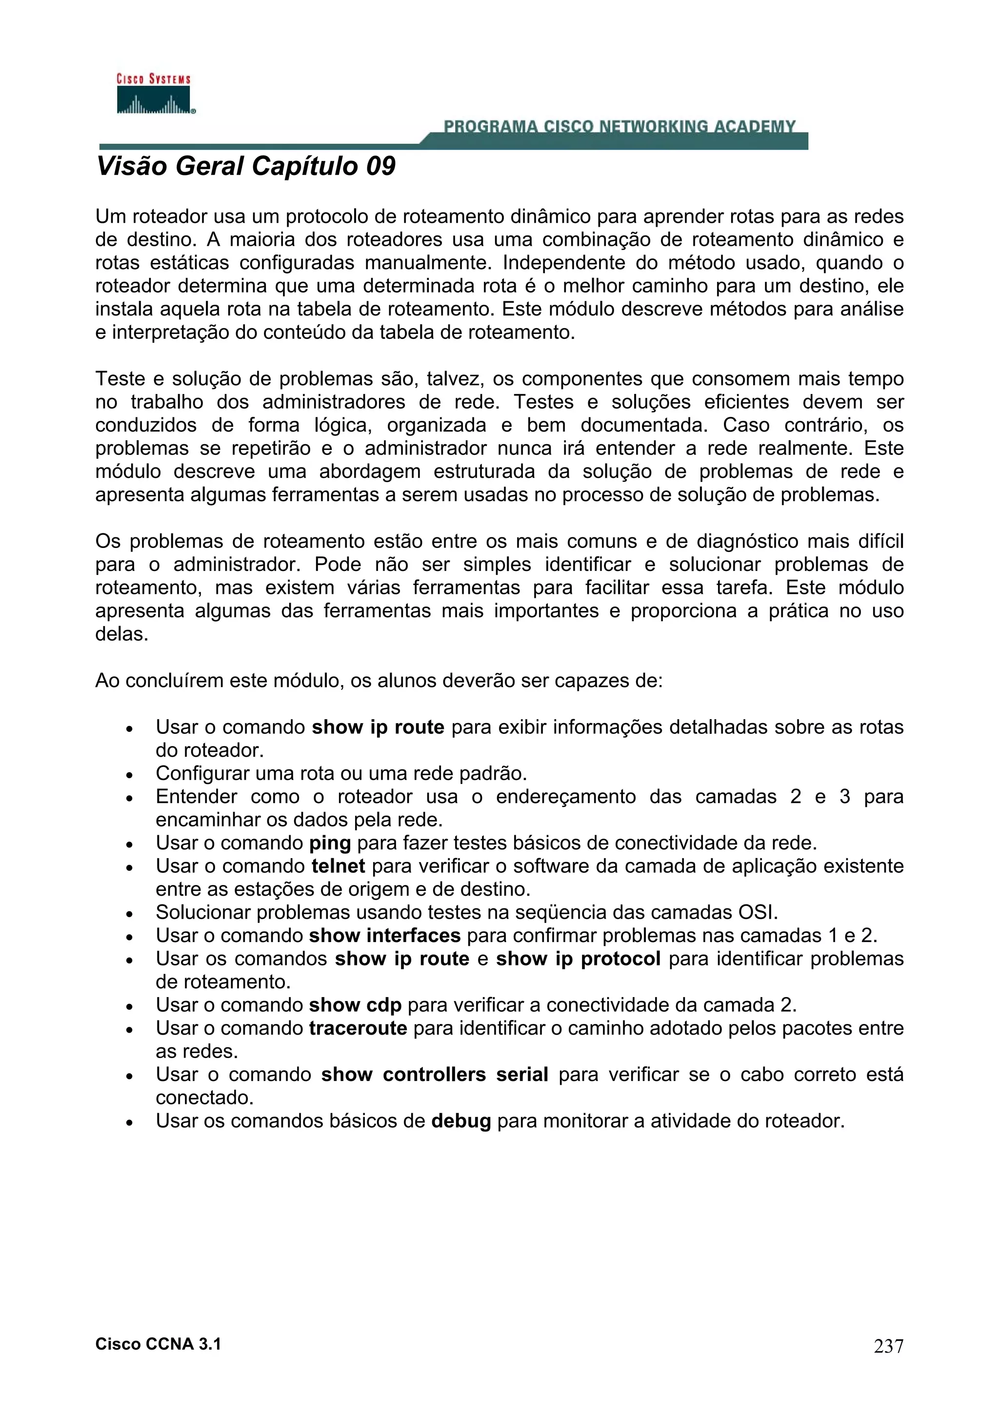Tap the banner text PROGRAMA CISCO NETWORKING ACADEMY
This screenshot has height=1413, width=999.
619,127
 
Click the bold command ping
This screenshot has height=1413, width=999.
329,843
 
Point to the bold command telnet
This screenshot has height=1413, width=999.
338,866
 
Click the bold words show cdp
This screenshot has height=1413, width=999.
355,1005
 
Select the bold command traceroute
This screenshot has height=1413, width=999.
358,1028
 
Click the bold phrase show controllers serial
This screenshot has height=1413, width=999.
434,1075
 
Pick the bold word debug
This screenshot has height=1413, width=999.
460,1120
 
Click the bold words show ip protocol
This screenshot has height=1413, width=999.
578,959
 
